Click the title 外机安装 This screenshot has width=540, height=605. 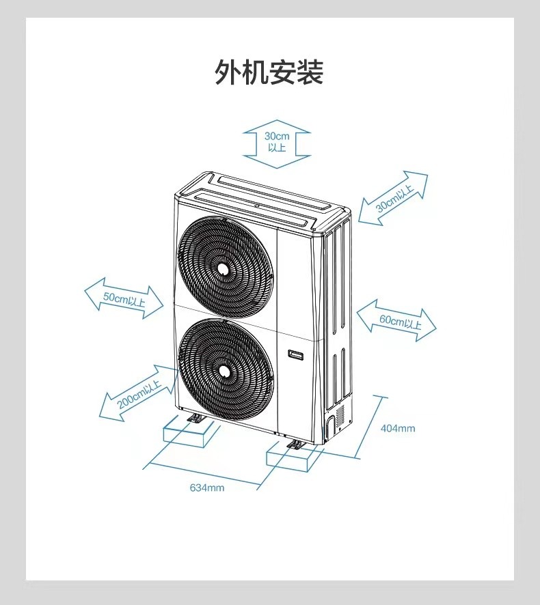coord(269,72)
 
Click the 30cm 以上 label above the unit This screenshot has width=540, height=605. coord(277,141)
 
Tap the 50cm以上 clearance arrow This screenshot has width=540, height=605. coord(124,298)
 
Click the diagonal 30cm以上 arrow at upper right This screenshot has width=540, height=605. coord(393,198)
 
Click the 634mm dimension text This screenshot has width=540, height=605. coord(207,488)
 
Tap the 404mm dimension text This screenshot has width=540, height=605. coord(398,428)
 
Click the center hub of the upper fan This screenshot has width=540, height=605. coord(224,268)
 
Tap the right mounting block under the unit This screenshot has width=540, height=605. coord(293,457)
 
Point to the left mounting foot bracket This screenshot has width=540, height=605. coord(194,419)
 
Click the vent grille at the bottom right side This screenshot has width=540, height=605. coord(340,416)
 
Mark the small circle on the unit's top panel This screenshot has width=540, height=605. coord(256,206)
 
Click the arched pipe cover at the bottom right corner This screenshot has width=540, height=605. coord(330,427)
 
